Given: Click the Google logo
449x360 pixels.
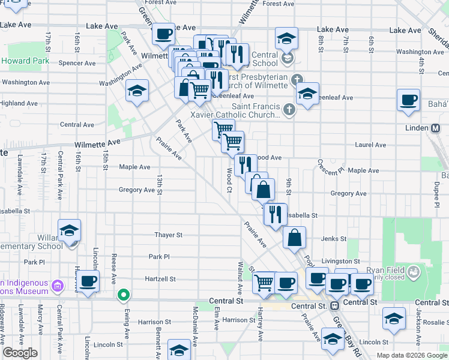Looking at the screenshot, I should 20,353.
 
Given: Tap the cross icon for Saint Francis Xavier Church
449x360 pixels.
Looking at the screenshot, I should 289,109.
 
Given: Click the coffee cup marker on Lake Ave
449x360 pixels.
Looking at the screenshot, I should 163,34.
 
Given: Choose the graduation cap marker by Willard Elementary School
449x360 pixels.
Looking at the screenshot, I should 70,230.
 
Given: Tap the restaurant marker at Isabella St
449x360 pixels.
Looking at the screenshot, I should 275,214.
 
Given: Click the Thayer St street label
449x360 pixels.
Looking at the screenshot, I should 168,235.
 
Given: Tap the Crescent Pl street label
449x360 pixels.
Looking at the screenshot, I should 329,164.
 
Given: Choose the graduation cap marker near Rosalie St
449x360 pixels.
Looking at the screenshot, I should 394,319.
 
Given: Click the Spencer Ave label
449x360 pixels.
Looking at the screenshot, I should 77,63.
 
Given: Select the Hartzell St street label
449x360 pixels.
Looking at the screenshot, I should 160,279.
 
